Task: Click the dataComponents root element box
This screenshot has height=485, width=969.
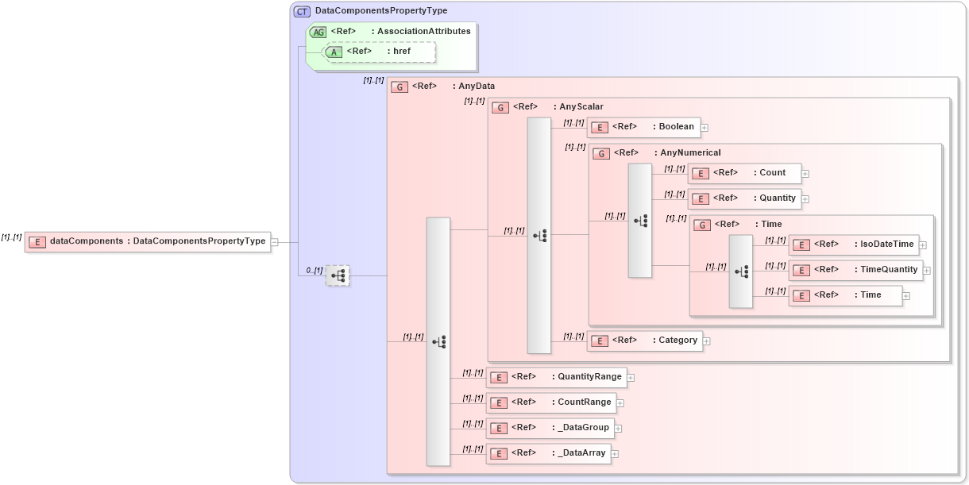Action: click(x=148, y=241)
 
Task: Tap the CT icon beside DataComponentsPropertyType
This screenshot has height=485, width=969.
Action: click(x=302, y=11)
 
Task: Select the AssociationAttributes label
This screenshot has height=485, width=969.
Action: click(x=423, y=31)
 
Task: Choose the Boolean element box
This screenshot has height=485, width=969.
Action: click(x=643, y=127)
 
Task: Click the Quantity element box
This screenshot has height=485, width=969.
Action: click(x=743, y=198)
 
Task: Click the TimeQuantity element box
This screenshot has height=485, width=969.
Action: click(x=855, y=270)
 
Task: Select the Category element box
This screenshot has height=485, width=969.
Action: click(x=644, y=341)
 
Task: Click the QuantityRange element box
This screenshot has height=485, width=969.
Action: click(x=556, y=376)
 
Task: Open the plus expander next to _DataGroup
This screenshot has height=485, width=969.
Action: click(x=618, y=429)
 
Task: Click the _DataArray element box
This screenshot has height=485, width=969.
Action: click(x=547, y=453)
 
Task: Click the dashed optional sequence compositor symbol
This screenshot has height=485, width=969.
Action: click(x=338, y=275)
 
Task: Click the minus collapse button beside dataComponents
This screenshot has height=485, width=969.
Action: click(x=274, y=241)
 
